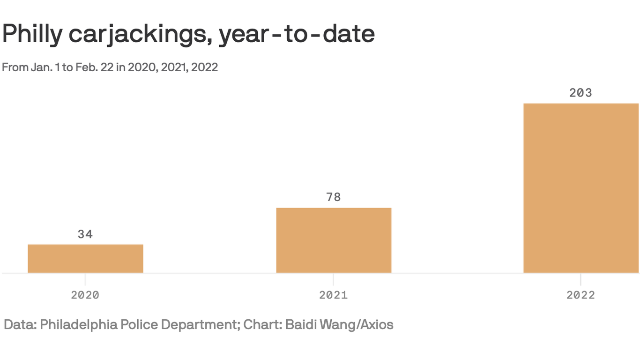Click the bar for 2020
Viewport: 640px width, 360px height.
click(85, 258)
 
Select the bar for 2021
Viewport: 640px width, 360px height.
click(334, 240)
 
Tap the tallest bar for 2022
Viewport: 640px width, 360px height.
click(581, 188)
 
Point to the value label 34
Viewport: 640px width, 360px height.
click(85, 234)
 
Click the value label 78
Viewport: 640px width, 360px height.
click(334, 197)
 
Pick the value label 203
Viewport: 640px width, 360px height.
click(581, 93)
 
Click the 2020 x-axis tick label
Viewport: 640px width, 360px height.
click(85, 295)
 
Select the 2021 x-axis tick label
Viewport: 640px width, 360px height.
click(334, 295)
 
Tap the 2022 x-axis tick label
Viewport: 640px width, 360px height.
click(581, 295)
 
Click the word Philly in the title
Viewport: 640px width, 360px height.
click(32, 34)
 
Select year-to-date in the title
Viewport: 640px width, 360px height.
click(297, 34)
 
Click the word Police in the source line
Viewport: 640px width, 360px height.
click(140, 324)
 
